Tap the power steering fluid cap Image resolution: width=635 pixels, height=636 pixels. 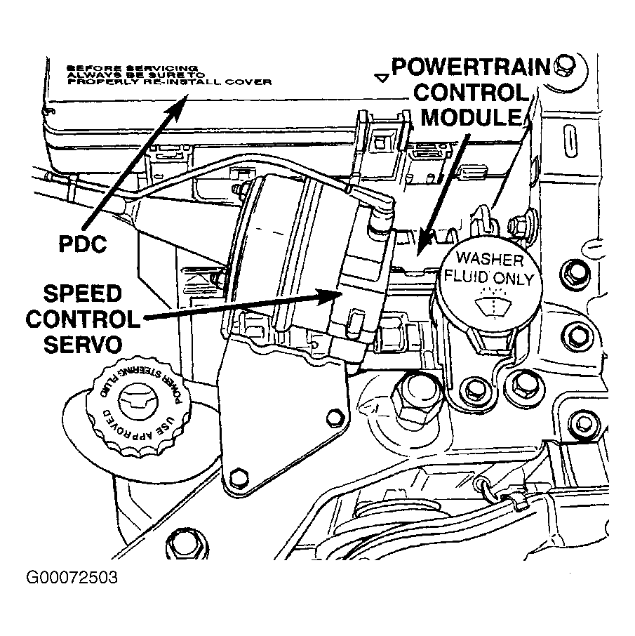(x=136, y=408)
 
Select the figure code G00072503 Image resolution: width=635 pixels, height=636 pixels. (x=73, y=580)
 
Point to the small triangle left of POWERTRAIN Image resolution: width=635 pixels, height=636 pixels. (x=382, y=78)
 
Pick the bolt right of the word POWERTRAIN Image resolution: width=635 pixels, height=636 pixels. (x=561, y=67)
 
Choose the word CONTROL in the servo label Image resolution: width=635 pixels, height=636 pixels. (x=83, y=319)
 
